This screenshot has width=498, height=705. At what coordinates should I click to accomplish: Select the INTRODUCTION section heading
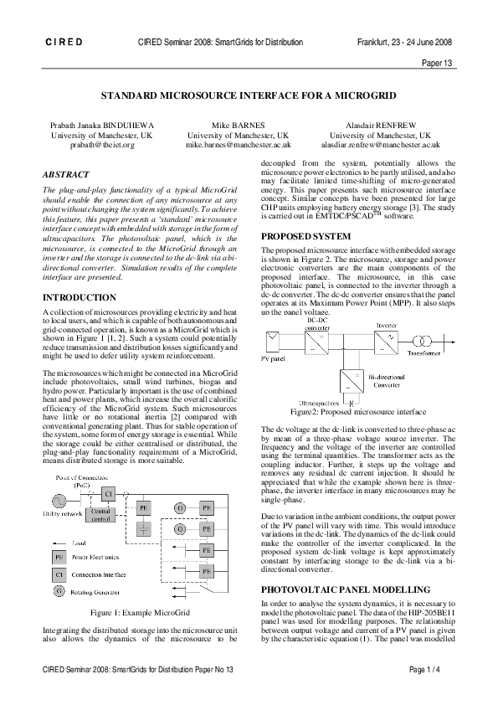(80, 297)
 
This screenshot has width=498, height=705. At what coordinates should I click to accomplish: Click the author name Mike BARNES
(238, 125)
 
